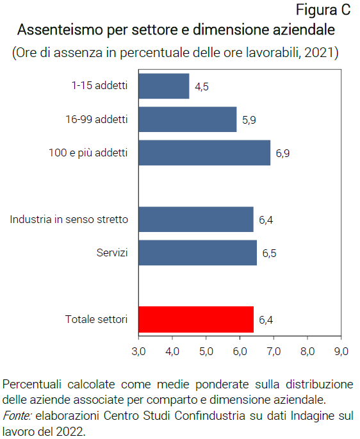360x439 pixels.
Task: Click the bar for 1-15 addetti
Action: coord(164,86)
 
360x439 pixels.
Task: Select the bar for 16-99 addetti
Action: coord(187,119)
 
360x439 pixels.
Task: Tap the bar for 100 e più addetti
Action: coord(204,153)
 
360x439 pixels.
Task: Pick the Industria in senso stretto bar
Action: coord(196,219)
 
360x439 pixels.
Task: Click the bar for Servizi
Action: coord(197,253)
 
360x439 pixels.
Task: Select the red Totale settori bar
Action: coord(196,319)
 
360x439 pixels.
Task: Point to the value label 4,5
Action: coord(202,87)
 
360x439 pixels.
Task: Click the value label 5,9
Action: coord(249,120)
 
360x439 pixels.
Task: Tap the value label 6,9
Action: coord(283,153)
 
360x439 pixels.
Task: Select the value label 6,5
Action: coord(269,253)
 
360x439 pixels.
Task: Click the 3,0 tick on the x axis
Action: coord(138,351)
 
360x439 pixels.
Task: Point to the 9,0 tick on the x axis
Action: coord(341,351)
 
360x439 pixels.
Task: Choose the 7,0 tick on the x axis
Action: coord(274,351)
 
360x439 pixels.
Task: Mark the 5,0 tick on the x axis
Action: coord(206,351)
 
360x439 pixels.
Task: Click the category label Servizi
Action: coord(112,253)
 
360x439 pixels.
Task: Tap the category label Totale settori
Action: coord(97,319)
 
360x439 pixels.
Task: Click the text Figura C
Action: coord(323,10)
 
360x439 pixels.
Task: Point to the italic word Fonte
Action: coord(17,416)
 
